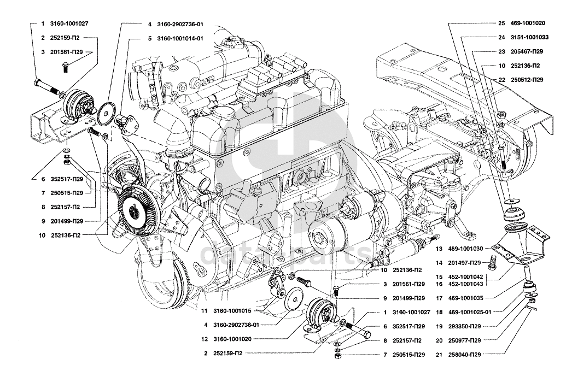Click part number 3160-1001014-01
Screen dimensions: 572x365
[x=180, y=39]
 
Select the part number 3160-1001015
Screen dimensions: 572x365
[x=232, y=311]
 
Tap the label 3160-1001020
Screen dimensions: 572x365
[x=232, y=339]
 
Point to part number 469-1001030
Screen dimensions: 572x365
[x=465, y=249]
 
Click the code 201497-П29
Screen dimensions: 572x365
[x=464, y=262]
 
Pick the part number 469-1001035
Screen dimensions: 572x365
[x=465, y=298]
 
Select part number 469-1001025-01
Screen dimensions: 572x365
[x=470, y=312]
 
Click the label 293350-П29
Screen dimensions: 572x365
[x=464, y=326]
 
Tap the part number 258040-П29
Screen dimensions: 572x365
[x=464, y=355]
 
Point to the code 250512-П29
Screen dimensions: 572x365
[x=527, y=80]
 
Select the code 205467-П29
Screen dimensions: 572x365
[x=527, y=51]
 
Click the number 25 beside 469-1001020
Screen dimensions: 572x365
[x=501, y=23]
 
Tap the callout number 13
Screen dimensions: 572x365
[x=439, y=249]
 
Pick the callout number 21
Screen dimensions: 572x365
[x=439, y=355]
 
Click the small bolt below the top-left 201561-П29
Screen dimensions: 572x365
[x=65, y=67]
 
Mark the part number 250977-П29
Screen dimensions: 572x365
[x=464, y=340]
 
